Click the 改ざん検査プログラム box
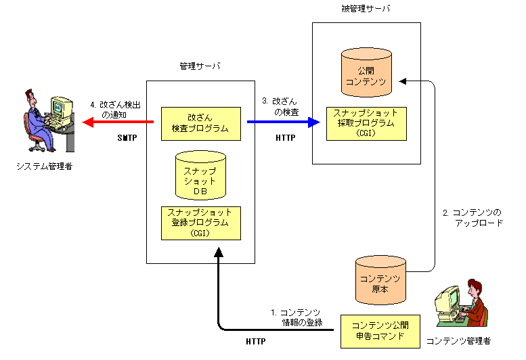(x=200, y=122)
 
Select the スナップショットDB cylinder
(x=200, y=176)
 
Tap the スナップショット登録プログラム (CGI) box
(x=200, y=223)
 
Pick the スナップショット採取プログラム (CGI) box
(x=366, y=123)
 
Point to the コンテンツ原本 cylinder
(x=380, y=279)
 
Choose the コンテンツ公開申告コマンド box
(x=380, y=330)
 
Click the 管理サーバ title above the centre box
(x=200, y=67)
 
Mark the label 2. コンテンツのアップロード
(x=472, y=217)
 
